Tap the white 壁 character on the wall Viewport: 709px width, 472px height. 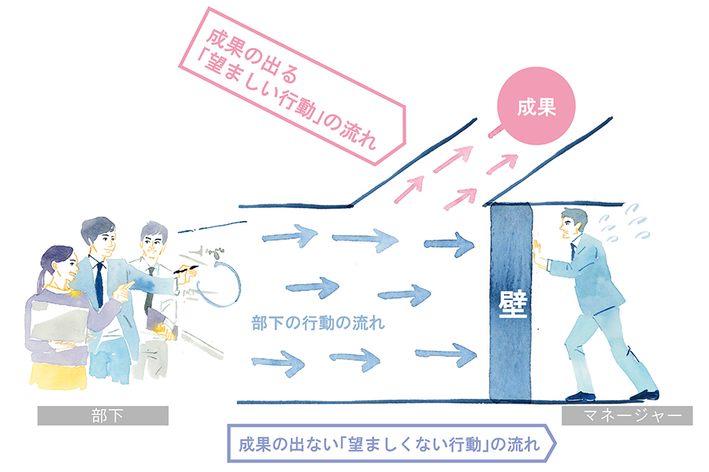coord(510,303)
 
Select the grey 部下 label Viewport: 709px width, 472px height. coord(102,415)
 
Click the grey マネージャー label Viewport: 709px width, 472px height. coord(626,415)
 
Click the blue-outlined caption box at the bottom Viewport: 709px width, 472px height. coord(391,444)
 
